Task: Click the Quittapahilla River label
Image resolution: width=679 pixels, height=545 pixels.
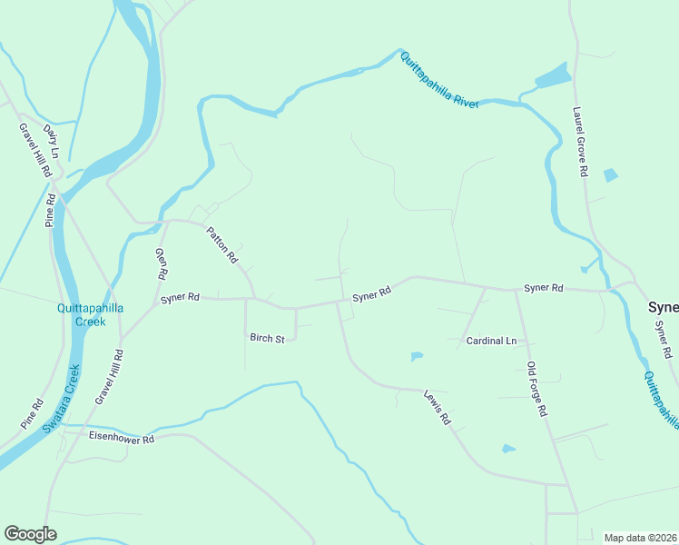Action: pyautogui.click(x=439, y=81)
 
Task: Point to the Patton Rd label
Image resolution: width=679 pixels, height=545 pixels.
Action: pyautogui.click(x=222, y=244)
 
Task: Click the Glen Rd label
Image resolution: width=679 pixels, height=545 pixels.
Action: pyautogui.click(x=162, y=263)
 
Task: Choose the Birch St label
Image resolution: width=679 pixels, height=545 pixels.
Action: pyautogui.click(x=268, y=339)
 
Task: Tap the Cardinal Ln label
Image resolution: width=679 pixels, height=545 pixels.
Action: pyautogui.click(x=491, y=341)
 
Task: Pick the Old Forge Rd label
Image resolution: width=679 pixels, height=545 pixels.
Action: pyautogui.click(x=537, y=389)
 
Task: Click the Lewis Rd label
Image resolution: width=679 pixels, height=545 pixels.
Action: pyautogui.click(x=438, y=408)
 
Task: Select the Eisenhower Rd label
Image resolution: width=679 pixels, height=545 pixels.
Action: pyautogui.click(x=123, y=438)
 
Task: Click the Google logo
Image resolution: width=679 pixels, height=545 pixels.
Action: pyautogui.click(x=30, y=534)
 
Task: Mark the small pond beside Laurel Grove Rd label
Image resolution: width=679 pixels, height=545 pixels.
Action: pyautogui.click(x=610, y=175)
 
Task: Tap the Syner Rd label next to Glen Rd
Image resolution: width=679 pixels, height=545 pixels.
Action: pyautogui.click(x=180, y=297)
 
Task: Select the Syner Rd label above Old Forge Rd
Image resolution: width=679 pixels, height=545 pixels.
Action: pyautogui.click(x=544, y=288)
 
